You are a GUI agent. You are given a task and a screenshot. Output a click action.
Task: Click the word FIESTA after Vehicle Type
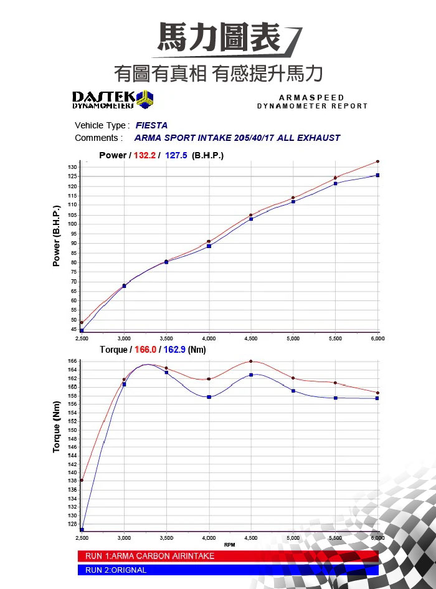[x=151, y=125]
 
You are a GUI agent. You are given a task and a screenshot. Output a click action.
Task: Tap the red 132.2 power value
[x=145, y=155]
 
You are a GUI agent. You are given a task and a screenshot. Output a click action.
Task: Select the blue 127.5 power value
[x=176, y=155]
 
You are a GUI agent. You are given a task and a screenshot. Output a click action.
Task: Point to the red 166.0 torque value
[x=146, y=350]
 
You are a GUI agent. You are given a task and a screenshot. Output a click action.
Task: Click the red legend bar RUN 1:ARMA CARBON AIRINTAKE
[x=227, y=556]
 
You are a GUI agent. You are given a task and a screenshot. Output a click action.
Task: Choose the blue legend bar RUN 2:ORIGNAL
[x=227, y=570]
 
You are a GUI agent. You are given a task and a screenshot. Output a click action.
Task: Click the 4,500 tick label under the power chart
[x=251, y=338]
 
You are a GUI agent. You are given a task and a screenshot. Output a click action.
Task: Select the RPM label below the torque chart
[x=229, y=545]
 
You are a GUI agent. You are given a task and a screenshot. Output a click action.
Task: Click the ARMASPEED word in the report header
[x=311, y=98]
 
